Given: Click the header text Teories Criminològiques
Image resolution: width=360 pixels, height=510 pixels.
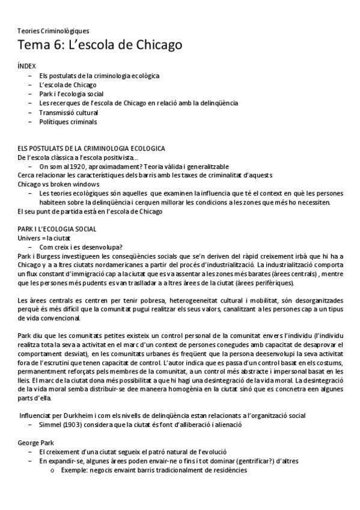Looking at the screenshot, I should tap(53, 30).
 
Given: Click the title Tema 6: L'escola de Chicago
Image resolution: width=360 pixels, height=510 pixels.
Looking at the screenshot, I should tap(99, 45).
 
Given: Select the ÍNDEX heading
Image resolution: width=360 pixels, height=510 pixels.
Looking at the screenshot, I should tap(27, 66).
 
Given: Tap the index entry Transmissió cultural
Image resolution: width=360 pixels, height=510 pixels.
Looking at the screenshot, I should tap(69, 112).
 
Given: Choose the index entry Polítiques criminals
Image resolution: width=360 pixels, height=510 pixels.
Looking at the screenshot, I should tap(67, 121).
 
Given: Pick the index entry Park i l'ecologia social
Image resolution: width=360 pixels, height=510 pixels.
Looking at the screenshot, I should tap(72, 94).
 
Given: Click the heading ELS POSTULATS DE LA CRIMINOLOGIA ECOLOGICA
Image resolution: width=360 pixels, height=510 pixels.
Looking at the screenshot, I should tap(91, 148).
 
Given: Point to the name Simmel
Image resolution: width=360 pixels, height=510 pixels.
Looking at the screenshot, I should tap(50, 425).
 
